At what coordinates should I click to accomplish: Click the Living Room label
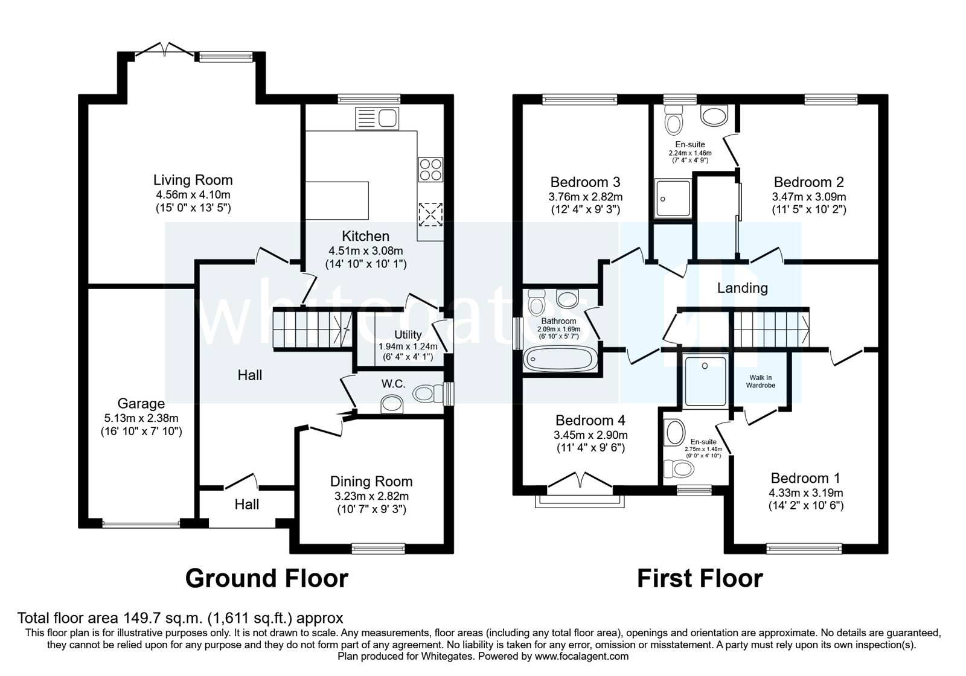[193, 180]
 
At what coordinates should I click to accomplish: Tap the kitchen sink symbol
[376, 117]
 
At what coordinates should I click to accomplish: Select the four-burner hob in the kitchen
[430, 169]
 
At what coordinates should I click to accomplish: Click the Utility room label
[408, 335]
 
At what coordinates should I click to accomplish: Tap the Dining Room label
[371, 482]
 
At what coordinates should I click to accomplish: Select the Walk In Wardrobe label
[760, 381]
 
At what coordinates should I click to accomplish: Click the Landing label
[742, 289]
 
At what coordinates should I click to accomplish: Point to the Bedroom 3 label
[585, 182]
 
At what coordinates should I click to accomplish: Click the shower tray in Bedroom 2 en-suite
[672, 199]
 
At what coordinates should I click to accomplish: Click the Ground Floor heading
[266, 578]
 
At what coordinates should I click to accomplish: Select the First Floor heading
[700, 578]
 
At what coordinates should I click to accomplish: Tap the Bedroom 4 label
[590, 421]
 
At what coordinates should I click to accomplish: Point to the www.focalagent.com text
[581, 656]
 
